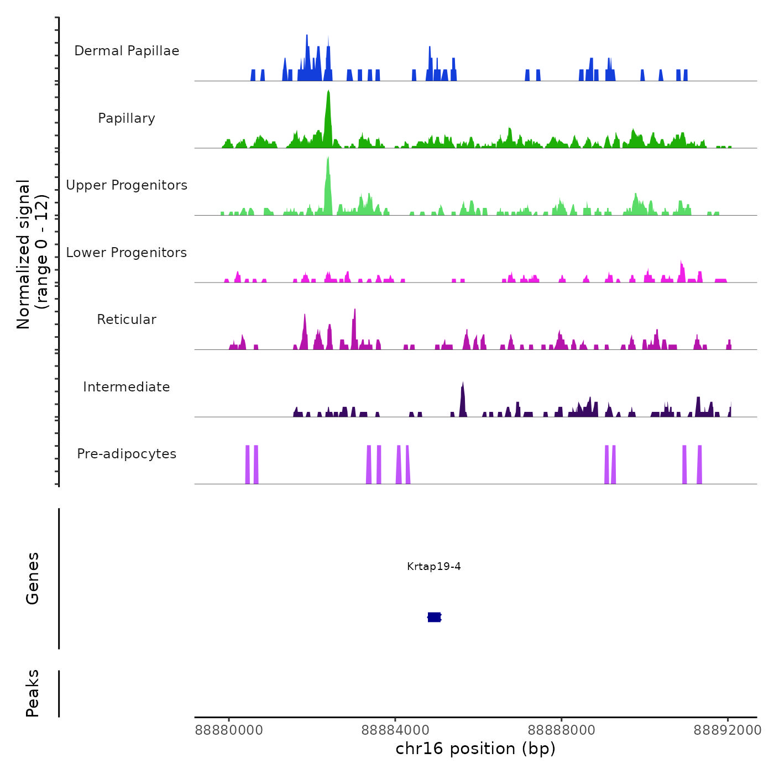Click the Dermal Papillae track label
(x=127, y=51)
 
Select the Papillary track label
(x=127, y=118)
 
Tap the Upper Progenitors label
(x=127, y=185)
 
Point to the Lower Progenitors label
(x=127, y=253)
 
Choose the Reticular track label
(x=127, y=320)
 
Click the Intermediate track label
(x=127, y=387)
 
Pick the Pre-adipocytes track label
(x=127, y=454)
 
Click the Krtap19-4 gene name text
(x=434, y=567)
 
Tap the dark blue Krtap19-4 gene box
(x=435, y=617)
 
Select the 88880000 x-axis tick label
(x=229, y=730)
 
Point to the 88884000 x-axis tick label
(x=395, y=730)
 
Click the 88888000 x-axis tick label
(x=561, y=730)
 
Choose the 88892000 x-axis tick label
(x=728, y=730)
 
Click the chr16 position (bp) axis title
(x=475, y=749)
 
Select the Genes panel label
(x=33, y=578)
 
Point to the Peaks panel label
(x=33, y=693)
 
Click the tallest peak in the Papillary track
(x=328, y=94)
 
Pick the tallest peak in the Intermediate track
(x=463, y=385)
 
